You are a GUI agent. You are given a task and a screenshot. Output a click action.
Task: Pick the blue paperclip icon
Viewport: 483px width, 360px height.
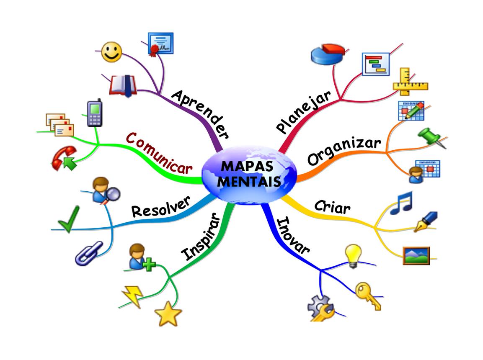tap(89, 253)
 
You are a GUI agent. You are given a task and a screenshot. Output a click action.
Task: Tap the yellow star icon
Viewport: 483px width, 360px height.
tap(168, 314)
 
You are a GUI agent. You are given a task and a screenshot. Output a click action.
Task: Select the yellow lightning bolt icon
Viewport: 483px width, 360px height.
tap(132, 296)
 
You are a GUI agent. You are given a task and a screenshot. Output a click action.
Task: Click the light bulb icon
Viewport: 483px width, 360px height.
tap(353, 256)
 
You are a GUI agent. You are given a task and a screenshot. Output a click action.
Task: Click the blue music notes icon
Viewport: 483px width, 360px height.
tap(401, 203)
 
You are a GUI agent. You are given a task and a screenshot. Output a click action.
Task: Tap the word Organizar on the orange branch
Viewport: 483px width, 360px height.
tap(344, 151)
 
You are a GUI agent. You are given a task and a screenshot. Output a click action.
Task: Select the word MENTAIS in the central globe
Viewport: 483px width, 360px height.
tap(250, 182)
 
